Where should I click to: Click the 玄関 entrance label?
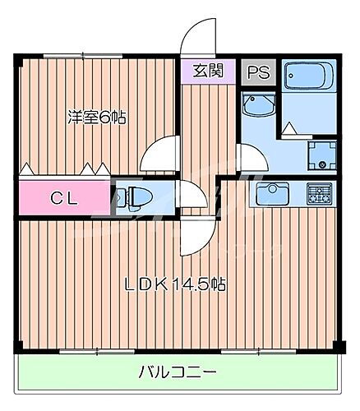click(x=207, y=70)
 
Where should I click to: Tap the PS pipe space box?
click(x=256, y=70)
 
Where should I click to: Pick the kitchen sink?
click(x=270, y=194)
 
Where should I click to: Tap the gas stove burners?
click(x=319, y=194)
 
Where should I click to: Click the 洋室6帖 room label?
click(x=96, y=117)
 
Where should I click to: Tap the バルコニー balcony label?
click(x=176, y=372)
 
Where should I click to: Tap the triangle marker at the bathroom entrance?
click(x=288, y=127)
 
